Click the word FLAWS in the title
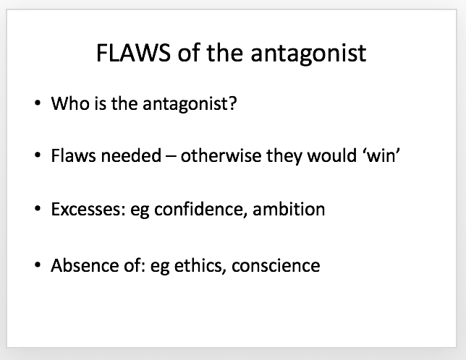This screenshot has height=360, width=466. pos(133,53)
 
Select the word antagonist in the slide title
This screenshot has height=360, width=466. pos(308,53)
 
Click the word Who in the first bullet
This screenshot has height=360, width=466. pos(70,103)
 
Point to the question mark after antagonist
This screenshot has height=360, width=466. pos(233,103)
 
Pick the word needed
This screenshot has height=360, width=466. pos(131,155)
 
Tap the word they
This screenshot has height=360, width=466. pos(284,156)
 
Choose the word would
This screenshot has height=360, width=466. pos(331,155)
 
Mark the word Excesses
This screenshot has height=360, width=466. pos(88,209)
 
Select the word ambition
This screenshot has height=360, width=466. pos(289,209)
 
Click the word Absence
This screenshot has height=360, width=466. pos(85,265)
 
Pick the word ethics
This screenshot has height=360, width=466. pos(198,265)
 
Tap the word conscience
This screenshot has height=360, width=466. pos(276,265)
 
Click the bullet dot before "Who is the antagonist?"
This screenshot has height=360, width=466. pos(38,103)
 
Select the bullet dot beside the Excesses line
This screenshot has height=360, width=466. pos(38,209)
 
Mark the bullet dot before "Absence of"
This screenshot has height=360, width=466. pos(38,265)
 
